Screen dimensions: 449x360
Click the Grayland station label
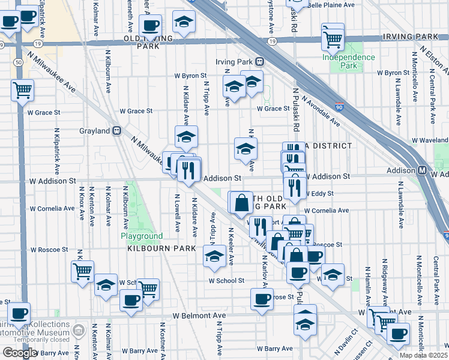[x=95, y=130]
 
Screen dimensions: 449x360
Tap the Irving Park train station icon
[x=260, y=61]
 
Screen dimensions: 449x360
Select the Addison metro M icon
[x=423, y=170]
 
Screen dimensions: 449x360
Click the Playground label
[x=142, y=236]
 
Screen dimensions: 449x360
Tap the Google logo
[x=20, y=353]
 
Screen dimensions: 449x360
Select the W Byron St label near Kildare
[x=190, y=76]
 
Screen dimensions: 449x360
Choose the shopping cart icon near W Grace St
[x=22, y=91]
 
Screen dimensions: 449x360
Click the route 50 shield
[x=20, y=63]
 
